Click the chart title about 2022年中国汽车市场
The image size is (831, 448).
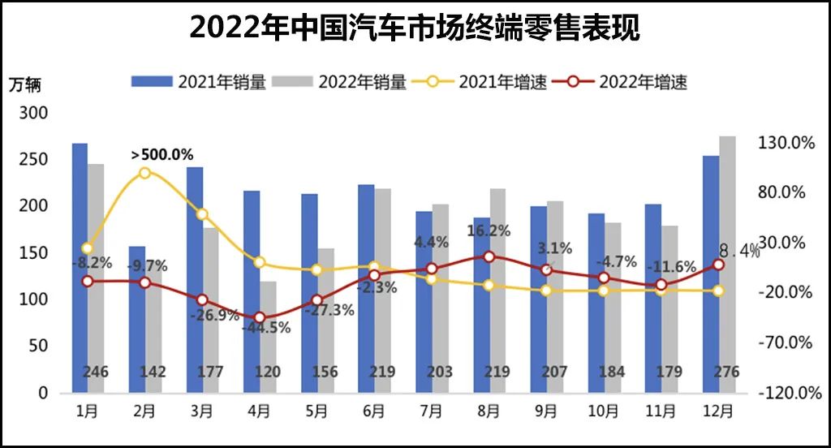(415, 28)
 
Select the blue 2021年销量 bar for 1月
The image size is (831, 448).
(80, 268)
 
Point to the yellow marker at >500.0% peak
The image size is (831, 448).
(144, 173)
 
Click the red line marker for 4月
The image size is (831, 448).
(259, 318)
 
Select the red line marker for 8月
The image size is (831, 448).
(489, 256)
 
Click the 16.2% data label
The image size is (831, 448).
(489, 231)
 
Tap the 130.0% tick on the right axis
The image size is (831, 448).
(785, 143)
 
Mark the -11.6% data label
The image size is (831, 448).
(671, 267)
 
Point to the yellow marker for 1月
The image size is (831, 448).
(87, 248)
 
